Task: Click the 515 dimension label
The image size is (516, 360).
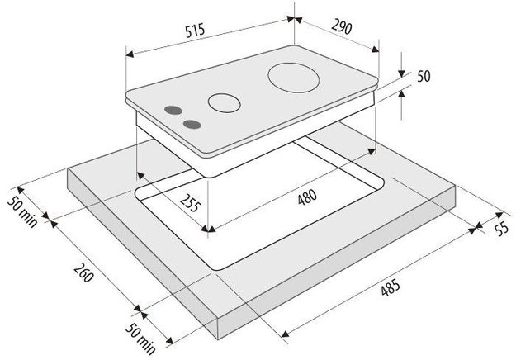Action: [x=195, y=31]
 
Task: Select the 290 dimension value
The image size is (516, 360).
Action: [x=342, y=27]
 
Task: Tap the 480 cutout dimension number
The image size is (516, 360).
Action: [x=307, y=197]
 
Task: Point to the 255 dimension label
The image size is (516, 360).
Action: [x=190, y=203]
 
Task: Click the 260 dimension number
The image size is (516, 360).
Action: [x=83, y=272]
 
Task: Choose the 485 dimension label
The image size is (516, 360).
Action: [x=391, y=287]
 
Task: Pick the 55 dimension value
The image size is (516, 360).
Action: [x=502, y=228]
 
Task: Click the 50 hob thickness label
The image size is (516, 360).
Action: [x=424, y=76]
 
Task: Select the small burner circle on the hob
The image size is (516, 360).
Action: [x=224, y=102]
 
